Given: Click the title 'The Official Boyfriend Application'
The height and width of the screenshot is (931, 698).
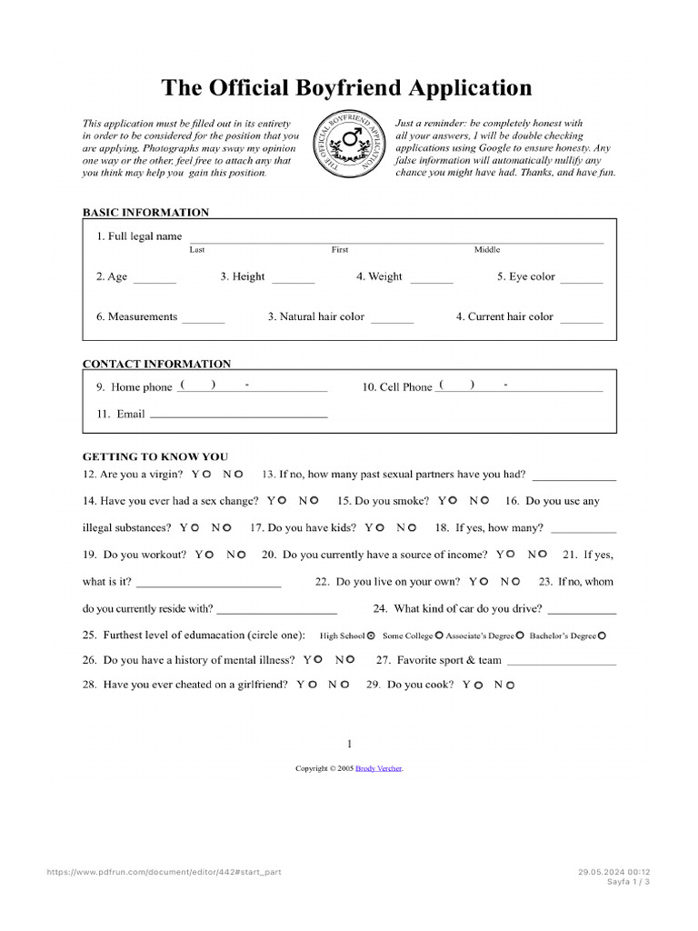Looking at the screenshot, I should coord(346,88).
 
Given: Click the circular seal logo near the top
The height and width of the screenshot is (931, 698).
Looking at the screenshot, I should coord(348,145).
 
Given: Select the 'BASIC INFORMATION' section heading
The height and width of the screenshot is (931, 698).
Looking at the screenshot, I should coord(145,213).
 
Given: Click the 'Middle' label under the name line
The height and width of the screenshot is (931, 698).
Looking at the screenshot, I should coord(486,250).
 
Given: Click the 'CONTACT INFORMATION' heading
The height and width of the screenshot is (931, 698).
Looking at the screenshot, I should coord(156,364).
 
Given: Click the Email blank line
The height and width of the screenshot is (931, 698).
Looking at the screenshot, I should coord(238,415).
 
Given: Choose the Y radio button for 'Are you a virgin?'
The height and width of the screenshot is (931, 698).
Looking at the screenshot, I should coord(207,475).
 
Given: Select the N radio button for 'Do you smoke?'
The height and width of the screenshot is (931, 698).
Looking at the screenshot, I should coord(484,500).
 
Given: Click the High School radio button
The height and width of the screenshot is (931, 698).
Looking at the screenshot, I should coord(371,636).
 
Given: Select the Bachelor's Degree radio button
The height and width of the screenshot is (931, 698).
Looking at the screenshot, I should coord(603,636).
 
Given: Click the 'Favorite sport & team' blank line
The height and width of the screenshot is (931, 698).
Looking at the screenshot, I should coord(561,663).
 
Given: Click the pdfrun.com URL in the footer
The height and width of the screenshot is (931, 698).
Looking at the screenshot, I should coord(164,871).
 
